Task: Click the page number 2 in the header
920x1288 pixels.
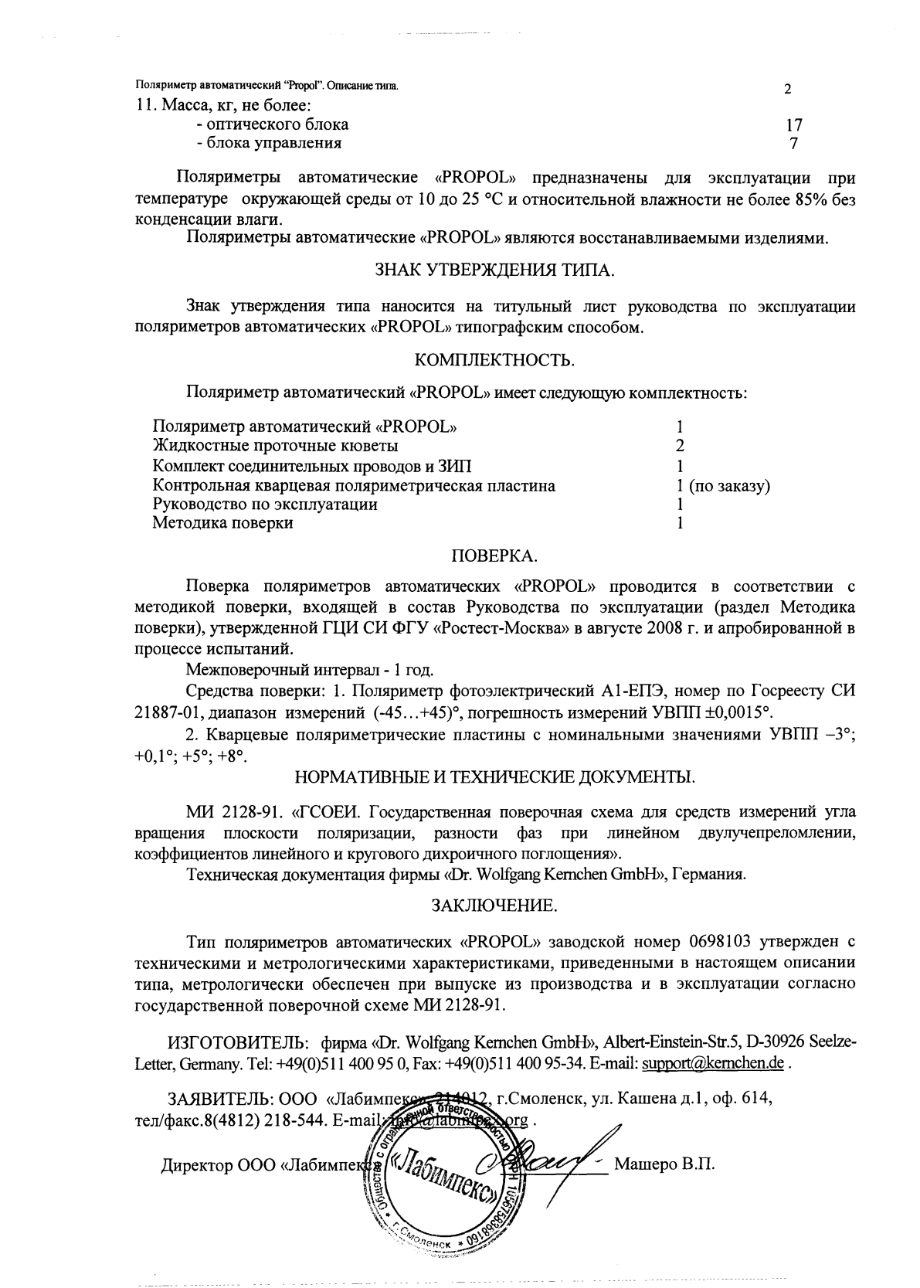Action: coord(787,89)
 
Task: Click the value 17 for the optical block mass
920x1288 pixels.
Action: coord(794,124)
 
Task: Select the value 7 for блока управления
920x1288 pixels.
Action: coord(793,144)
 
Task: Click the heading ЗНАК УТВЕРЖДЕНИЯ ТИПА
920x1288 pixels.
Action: coord(495,270)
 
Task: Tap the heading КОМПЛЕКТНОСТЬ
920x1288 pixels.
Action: coord(495,360)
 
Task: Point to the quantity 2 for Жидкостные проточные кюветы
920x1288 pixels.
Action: coord(680,446)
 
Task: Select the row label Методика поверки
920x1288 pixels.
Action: coord(222,523)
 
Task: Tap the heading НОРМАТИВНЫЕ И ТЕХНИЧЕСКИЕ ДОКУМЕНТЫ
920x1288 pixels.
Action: coord(495,776)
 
